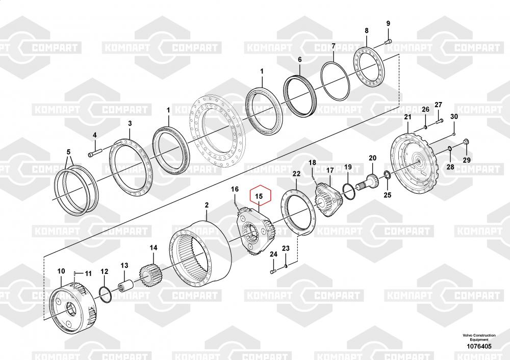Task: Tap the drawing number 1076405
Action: pyautogui.click(x=478, y=347)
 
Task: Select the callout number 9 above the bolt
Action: pyautogui.click(x=387, y=23)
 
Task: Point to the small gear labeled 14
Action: pyautogui.click(x=150, y=275)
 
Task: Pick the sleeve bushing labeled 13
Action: pyautogui.click(x=125, y=283)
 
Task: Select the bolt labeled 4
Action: pyautogui.click(x=96, y=152)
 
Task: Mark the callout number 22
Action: pyautogui.click(x=296, y=174)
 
